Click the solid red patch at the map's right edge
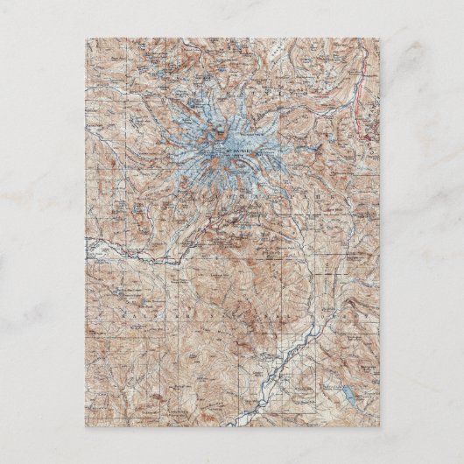click(371, 132)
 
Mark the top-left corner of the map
click(86, 38)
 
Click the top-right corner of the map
click(379, 38)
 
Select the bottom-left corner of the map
click(86, 427)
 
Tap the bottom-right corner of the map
click(379, 427)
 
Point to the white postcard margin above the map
click(232, 18)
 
